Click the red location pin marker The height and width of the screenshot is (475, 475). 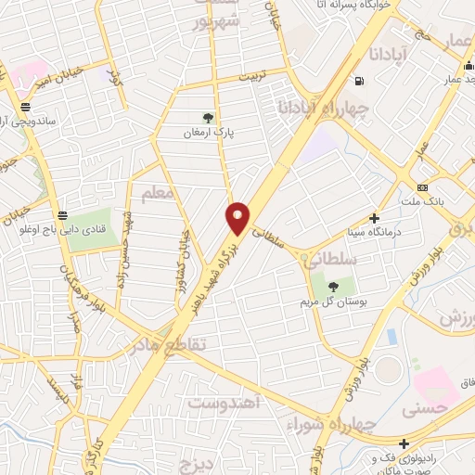237,217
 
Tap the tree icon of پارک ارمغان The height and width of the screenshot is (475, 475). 209,118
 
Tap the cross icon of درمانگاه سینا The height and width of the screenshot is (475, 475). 374,219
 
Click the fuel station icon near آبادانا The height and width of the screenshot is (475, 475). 359,81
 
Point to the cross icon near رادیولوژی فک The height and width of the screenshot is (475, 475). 404,444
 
